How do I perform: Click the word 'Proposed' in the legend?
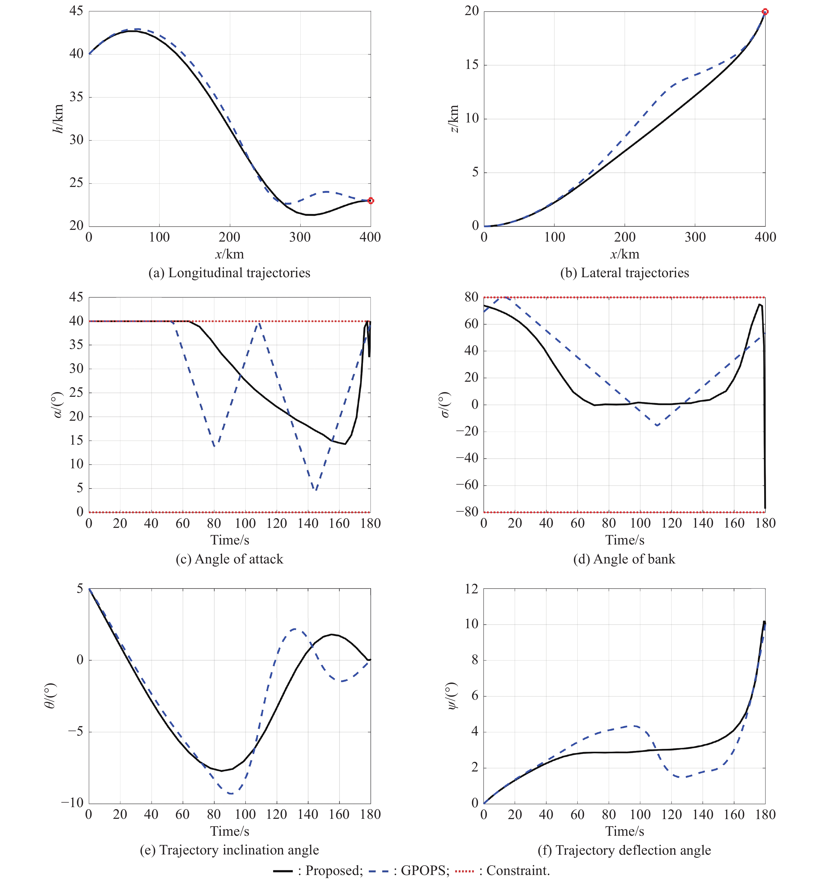tap(334, 871)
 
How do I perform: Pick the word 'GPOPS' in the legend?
tap(425, 871)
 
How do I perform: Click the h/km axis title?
tap(58, 119)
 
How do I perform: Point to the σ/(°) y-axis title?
tap(445, 405)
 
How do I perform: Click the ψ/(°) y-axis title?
tap(452, 696)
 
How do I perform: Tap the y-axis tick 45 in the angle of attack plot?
tap(76, 297)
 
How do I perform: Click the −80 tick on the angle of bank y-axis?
tap(467, 512)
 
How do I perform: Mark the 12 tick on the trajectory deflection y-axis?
tap(472, 589)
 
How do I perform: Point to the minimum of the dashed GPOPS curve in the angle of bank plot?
tap(657, 425)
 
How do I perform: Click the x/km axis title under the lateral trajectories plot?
tap(625, 254)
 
